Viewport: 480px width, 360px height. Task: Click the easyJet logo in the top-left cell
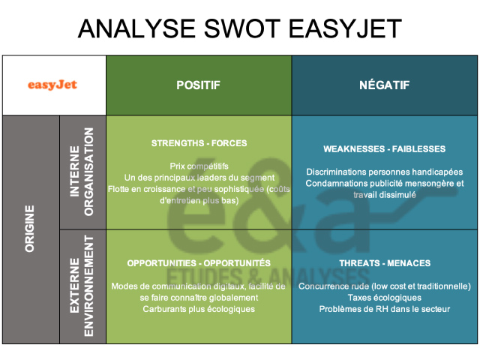click(53, 85)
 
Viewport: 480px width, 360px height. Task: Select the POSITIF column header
click(198, 85)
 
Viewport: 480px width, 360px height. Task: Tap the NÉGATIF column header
click(385, 85)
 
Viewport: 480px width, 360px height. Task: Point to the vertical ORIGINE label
click(30, 229)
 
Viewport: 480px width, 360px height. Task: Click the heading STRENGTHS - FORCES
click(198, 142)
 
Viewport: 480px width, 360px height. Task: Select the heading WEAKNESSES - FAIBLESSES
click(384, 148)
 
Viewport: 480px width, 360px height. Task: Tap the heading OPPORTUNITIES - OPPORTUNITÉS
click(198, 263)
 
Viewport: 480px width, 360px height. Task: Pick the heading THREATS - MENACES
click(384, 263)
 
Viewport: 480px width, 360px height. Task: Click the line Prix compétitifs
click(199, 165)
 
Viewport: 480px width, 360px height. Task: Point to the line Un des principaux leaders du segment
click(199, 177)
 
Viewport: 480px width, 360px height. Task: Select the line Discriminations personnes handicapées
click(384, 172)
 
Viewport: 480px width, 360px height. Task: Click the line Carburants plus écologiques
click(199, 309)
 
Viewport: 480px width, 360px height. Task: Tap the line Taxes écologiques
click(384, 298)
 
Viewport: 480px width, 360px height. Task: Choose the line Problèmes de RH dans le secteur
click(384, 309)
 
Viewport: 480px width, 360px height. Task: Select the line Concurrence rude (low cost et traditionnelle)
click(384, 286)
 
